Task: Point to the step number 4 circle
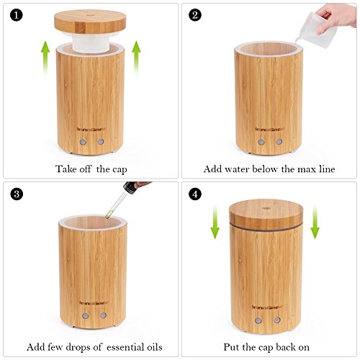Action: tap(194, 194)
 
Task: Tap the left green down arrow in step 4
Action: tap(215, 222)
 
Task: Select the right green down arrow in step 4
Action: tap(314, 222)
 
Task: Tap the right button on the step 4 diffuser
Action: tap(277, 320)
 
